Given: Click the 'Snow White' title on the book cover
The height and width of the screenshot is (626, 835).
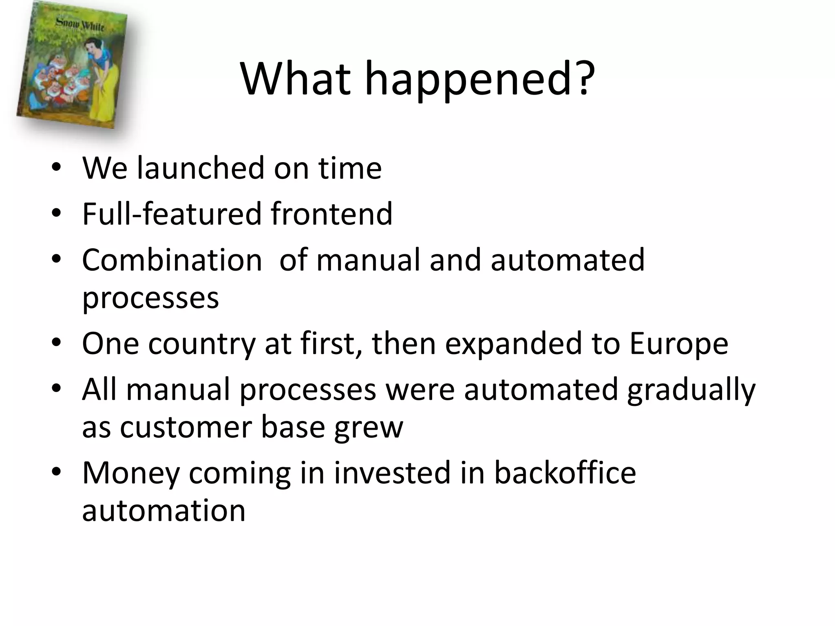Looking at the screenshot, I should (80, 24).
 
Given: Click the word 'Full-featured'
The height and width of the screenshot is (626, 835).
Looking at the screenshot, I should (171, 214).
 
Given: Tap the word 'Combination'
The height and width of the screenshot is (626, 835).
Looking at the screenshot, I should (172, 260).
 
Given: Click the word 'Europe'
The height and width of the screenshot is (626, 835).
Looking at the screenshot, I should (678, 344).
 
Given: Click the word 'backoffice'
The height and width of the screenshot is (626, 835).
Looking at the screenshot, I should (565, 473).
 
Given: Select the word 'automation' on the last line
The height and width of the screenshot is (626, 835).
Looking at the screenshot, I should (163, 511).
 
